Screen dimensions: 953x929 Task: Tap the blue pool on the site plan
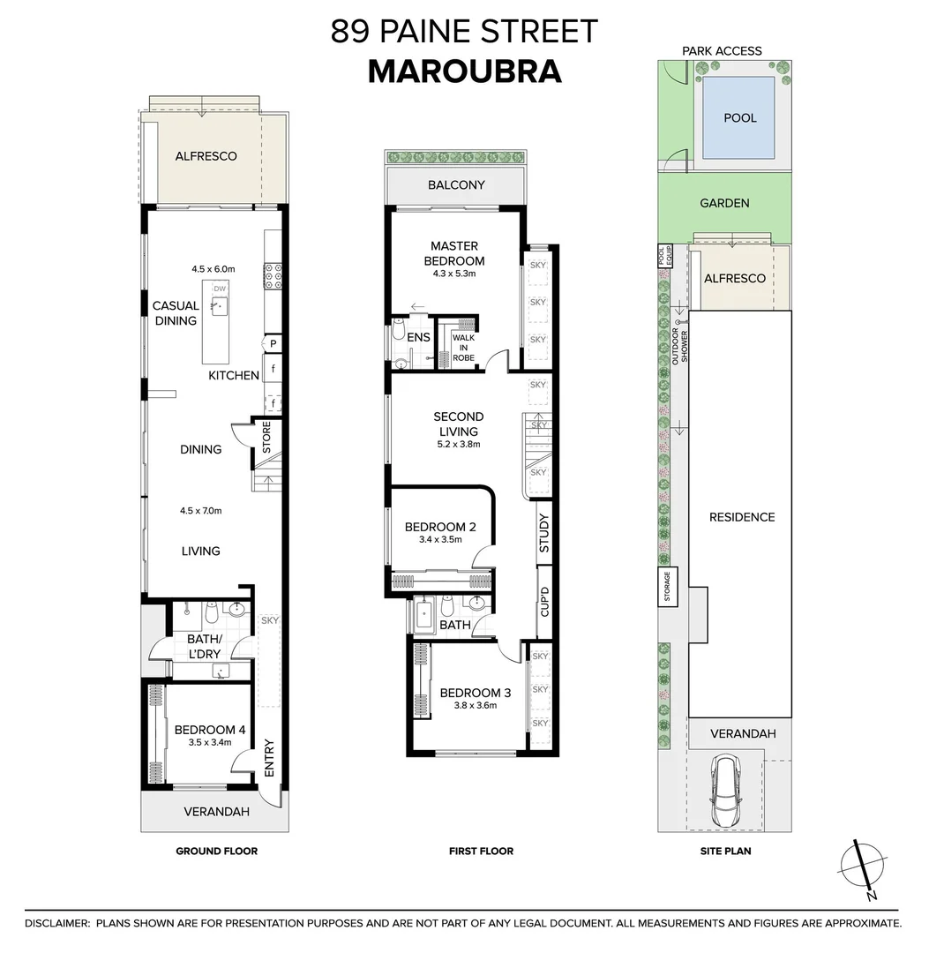[x=739, y=117]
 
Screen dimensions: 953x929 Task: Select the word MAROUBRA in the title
[x=464, y=71]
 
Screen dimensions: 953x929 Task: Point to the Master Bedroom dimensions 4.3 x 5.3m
[x=453, y=274]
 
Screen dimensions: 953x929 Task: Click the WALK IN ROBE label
[x=463, y=347]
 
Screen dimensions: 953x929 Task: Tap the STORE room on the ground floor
[x=266, y=438]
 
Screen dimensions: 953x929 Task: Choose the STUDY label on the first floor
[x=543, y=533]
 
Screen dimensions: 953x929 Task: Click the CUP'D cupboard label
[x=544, y=602]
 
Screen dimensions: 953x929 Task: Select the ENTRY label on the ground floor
[x=269, y=756]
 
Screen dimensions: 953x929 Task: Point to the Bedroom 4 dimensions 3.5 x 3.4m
[x=209, y=742]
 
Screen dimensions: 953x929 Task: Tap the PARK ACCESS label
[x=722, y=51]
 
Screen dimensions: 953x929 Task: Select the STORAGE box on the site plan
[x=668, y=588]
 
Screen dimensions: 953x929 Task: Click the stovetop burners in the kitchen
[x=273, y=275]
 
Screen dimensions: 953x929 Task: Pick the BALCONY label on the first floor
[x=456, y=185]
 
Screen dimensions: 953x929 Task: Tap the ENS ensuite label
[x=418, y=337]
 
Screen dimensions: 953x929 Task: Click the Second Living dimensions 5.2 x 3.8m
[x=458, y=445]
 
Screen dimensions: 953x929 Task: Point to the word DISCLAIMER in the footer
[x=56, y=923]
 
